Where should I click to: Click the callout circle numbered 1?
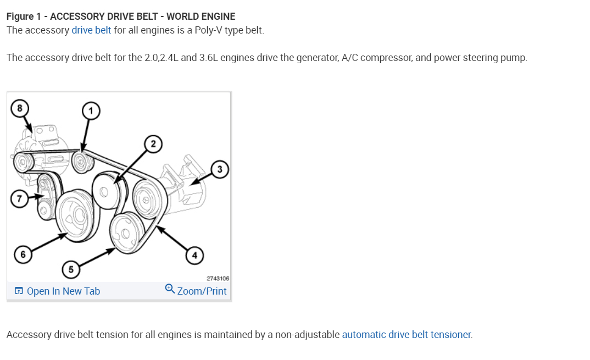(x=91, y=112)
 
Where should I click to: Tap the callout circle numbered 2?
(x=153, y=145)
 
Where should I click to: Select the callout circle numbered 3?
(x=219, y=169)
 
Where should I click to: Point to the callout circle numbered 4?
(x=193, y=254)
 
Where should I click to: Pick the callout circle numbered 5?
(x=70, y=269)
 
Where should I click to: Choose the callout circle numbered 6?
(x=23, y=254)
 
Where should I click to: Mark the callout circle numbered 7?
(x=19, y=199)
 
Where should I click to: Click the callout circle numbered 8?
(x=19, y=108)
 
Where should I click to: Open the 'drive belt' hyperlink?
(x=91, y=30)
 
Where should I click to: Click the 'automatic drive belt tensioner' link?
(x=407, y=334)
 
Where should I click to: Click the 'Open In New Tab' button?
(x=63, y=291)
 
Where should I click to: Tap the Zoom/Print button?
(x=202, y=291)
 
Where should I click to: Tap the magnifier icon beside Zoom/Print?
(x=170, y=289)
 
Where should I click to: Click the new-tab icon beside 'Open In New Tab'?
(x=19, y=291)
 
